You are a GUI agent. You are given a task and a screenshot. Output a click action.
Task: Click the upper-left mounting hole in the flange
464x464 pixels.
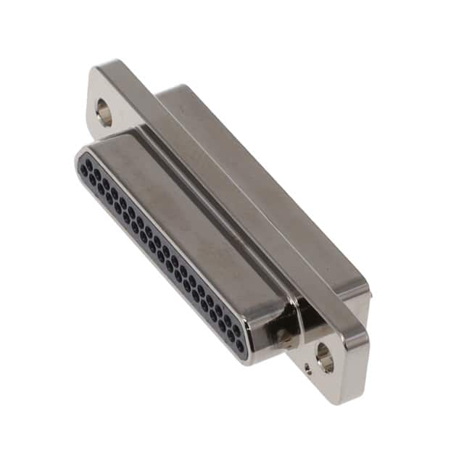click(x=104, y=112)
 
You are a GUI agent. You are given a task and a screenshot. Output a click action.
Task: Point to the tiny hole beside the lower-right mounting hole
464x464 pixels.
click(x=307, y=368)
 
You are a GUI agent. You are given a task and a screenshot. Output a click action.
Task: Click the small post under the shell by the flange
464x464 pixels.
click(x=283, y=336)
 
